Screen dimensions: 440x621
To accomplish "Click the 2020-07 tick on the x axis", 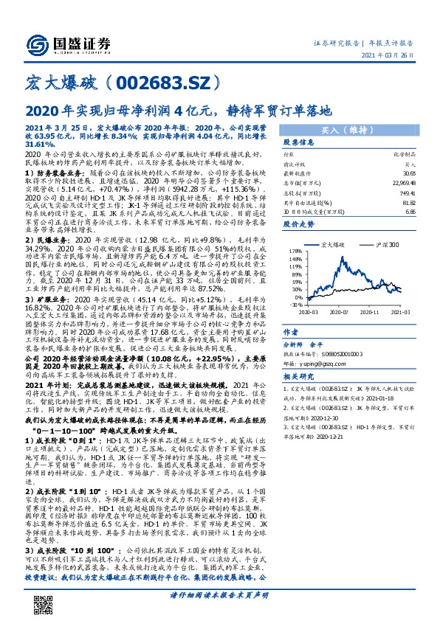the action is click(x=343, y=312).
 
